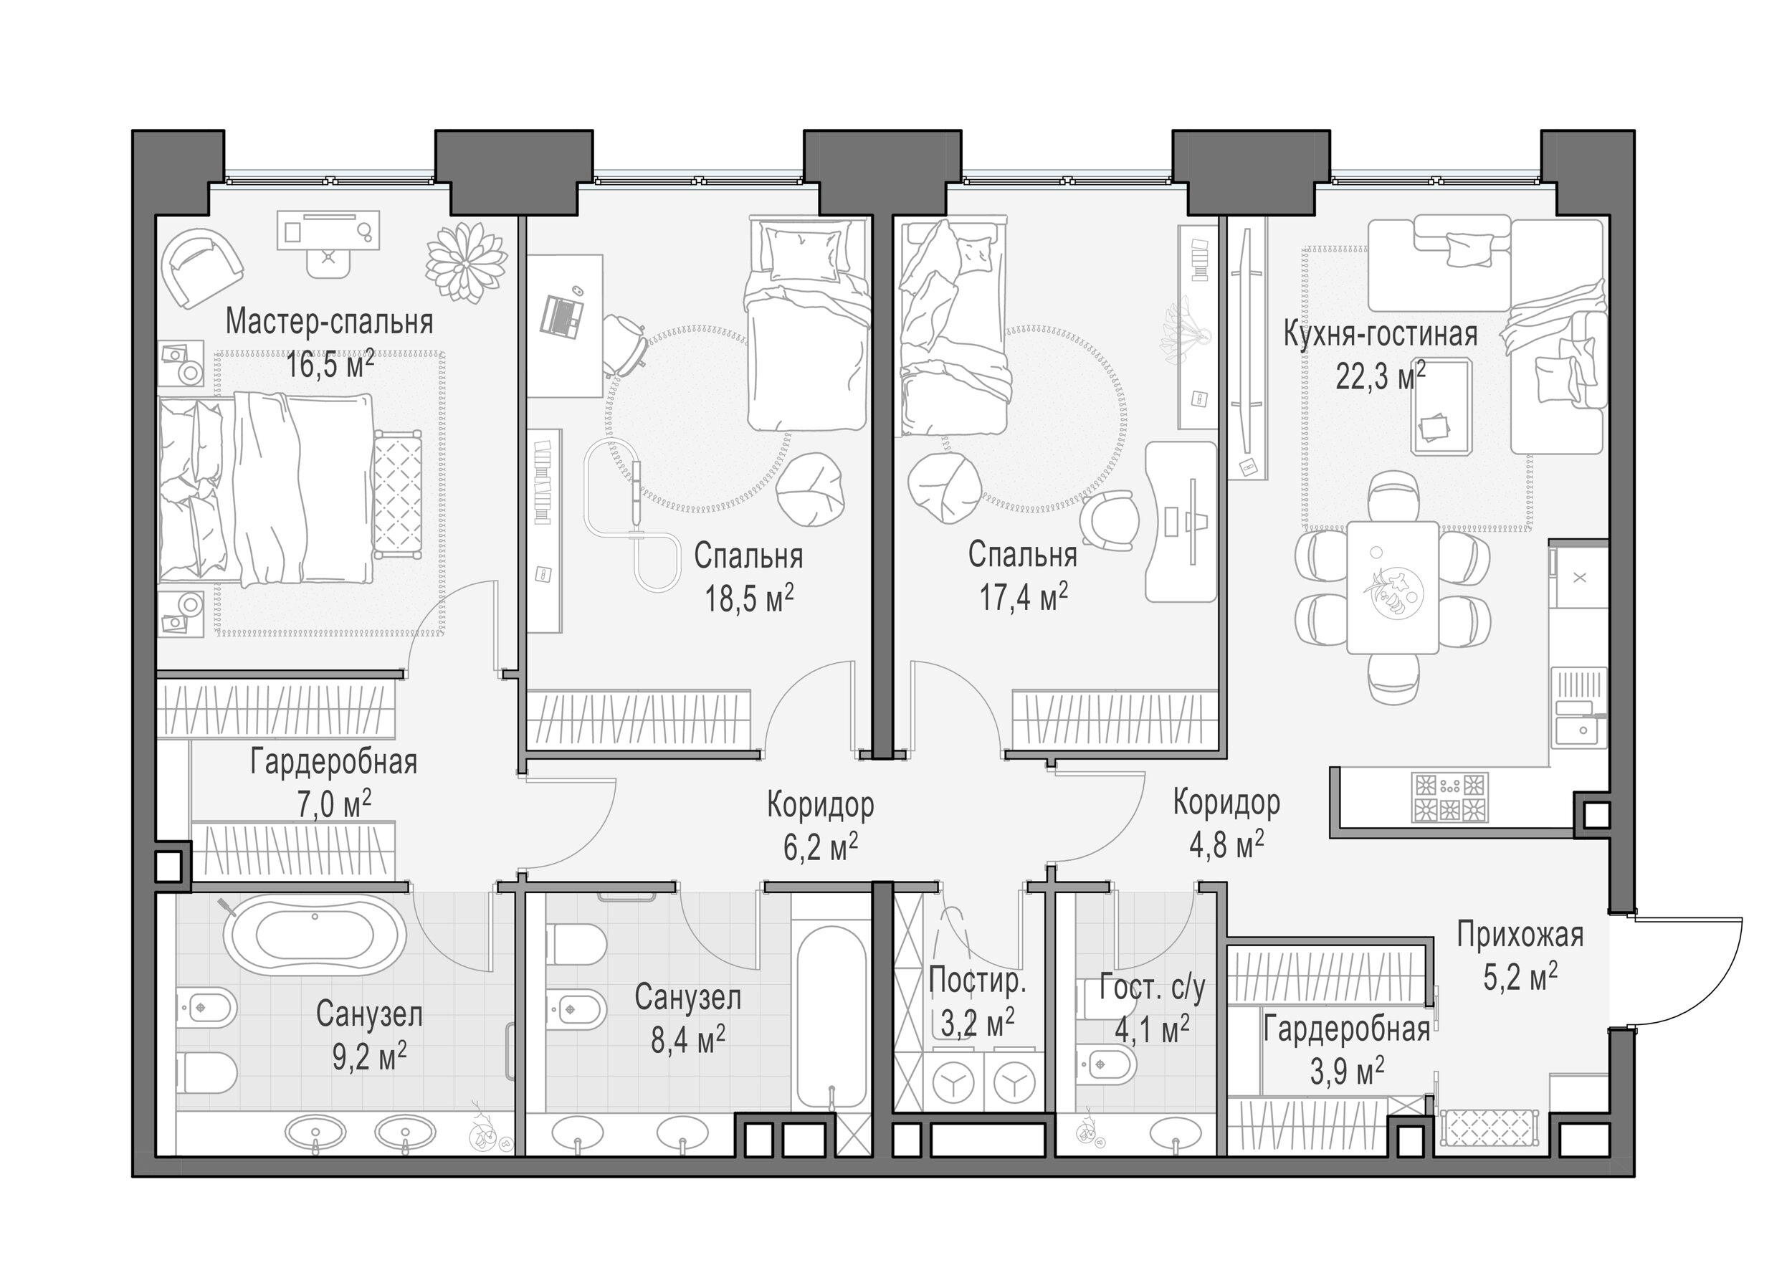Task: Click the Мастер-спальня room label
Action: [329, 323]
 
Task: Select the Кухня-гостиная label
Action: [1381, 335]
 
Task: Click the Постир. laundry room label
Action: [978, 981]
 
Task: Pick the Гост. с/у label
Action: [1152, 988]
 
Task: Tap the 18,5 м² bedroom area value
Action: [748, 599]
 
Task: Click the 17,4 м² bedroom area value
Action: [1023, 597]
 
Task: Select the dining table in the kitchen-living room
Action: [1392, 587]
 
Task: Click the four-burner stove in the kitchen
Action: [1449, 797]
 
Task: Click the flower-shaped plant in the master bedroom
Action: [466, 262]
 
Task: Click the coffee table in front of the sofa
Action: [1441, 406]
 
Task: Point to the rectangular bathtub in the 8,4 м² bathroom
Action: [831, 1016]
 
